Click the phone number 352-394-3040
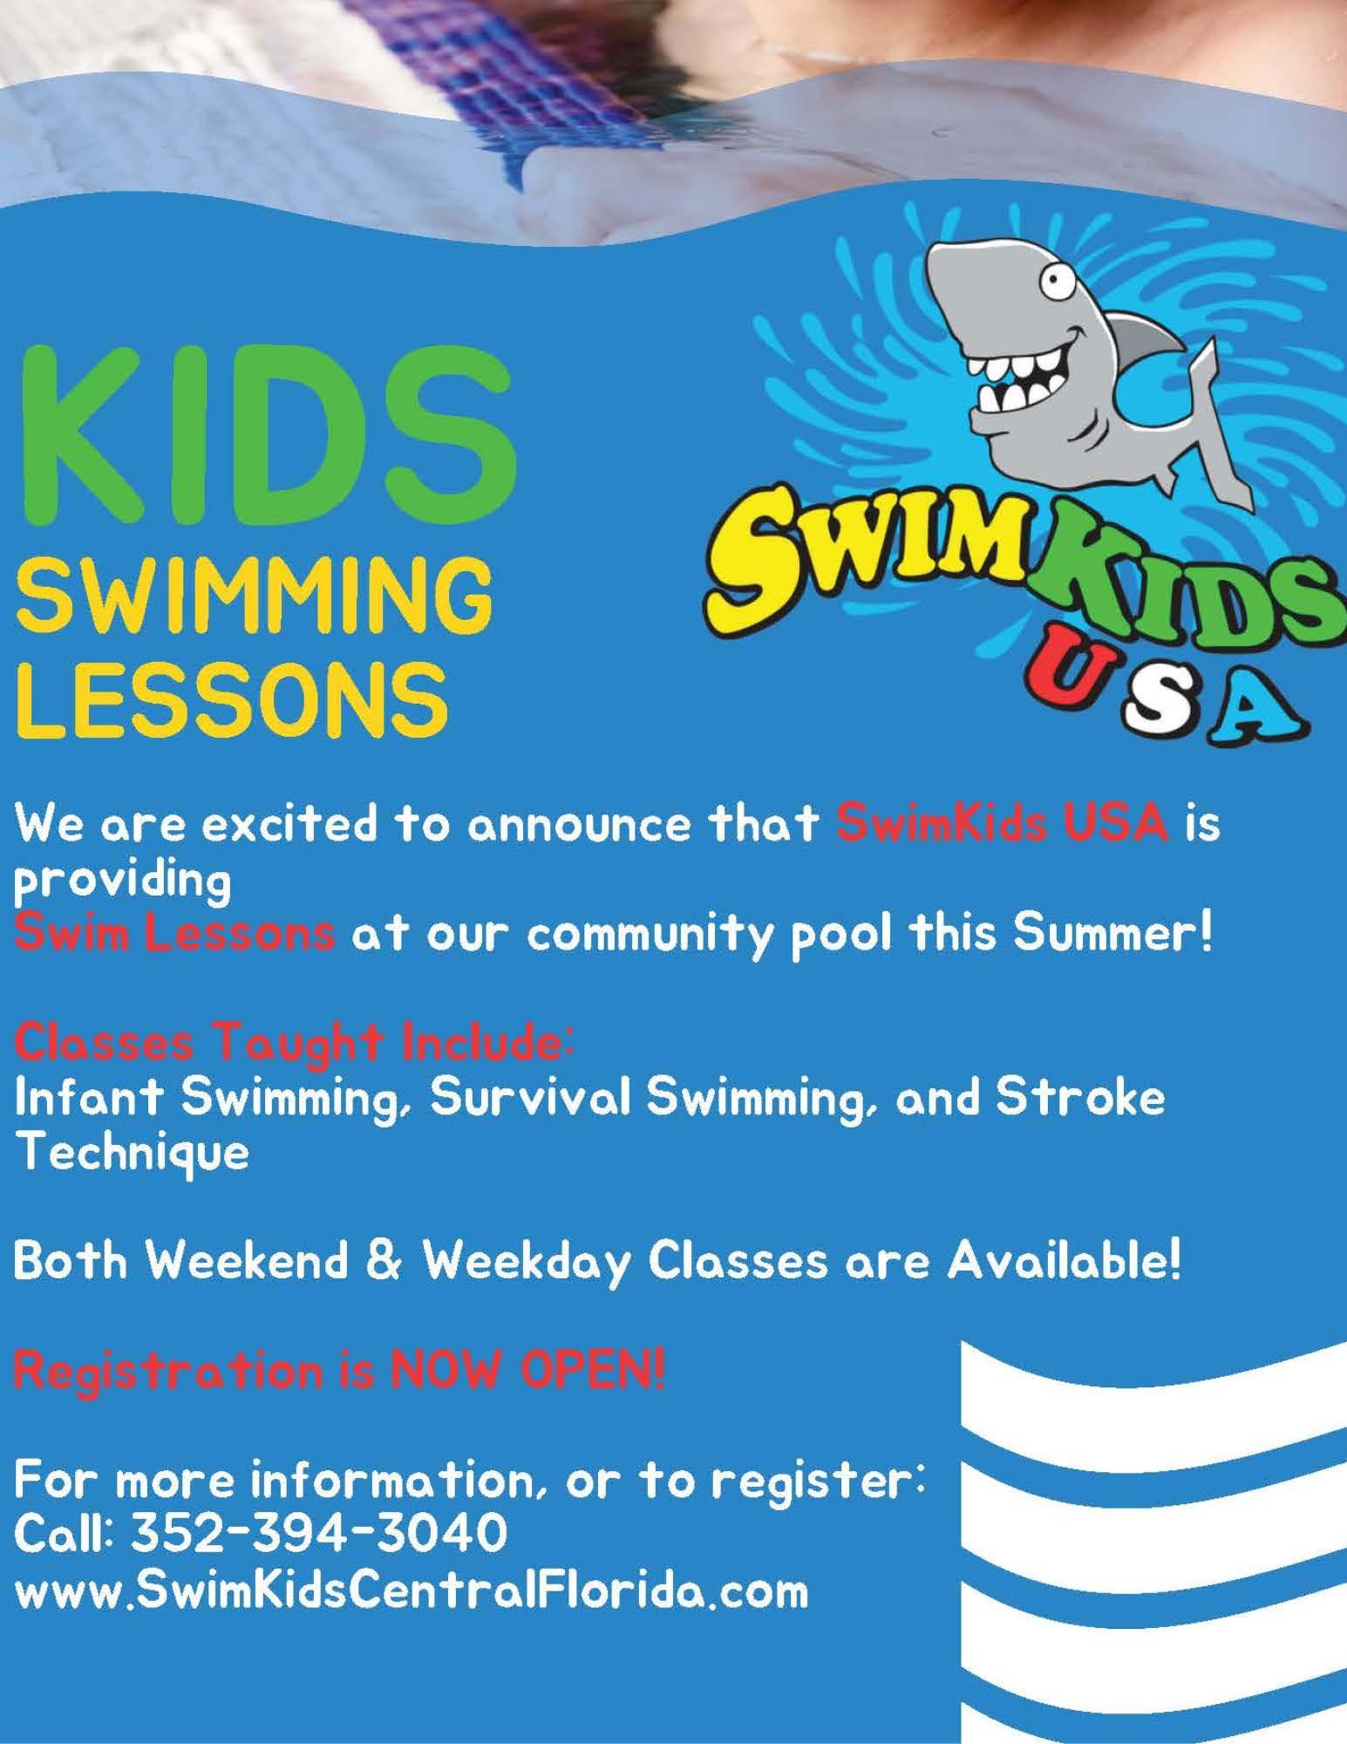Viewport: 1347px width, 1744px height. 319,1532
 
